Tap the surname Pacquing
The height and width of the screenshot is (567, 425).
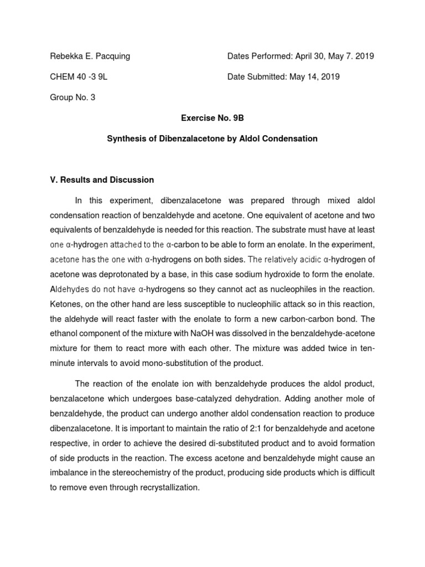click(x=111, y=56)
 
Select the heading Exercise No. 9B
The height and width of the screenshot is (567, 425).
click(x=212, y=118)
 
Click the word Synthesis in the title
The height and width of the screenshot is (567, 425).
click(x=125, y=138)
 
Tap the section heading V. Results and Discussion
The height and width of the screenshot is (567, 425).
click(x=102, y=180)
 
